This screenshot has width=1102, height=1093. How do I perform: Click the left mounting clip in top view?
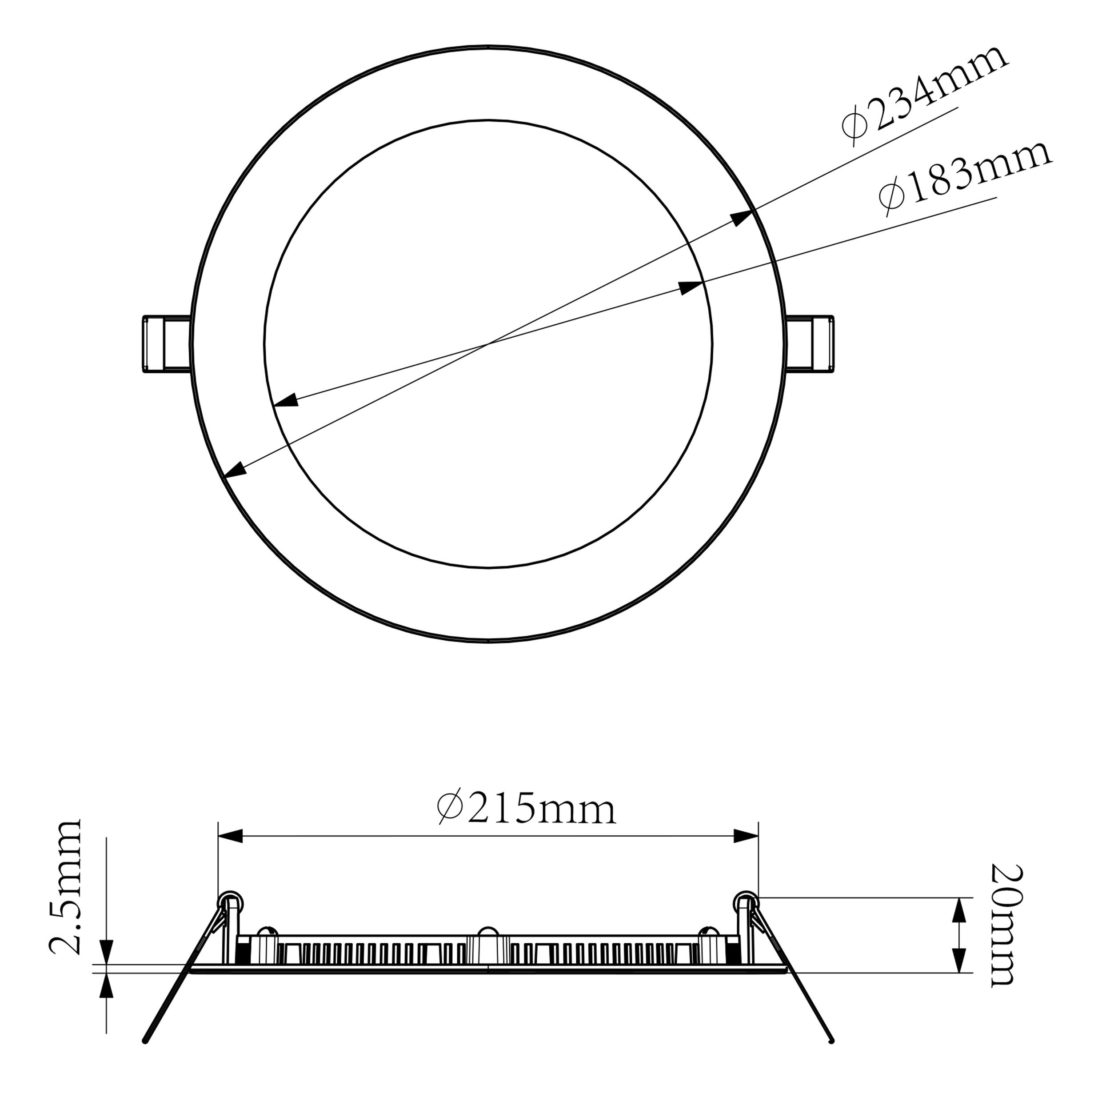[x=165, y=344]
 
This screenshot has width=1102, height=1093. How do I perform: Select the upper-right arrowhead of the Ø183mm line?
[x=691, y=287]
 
